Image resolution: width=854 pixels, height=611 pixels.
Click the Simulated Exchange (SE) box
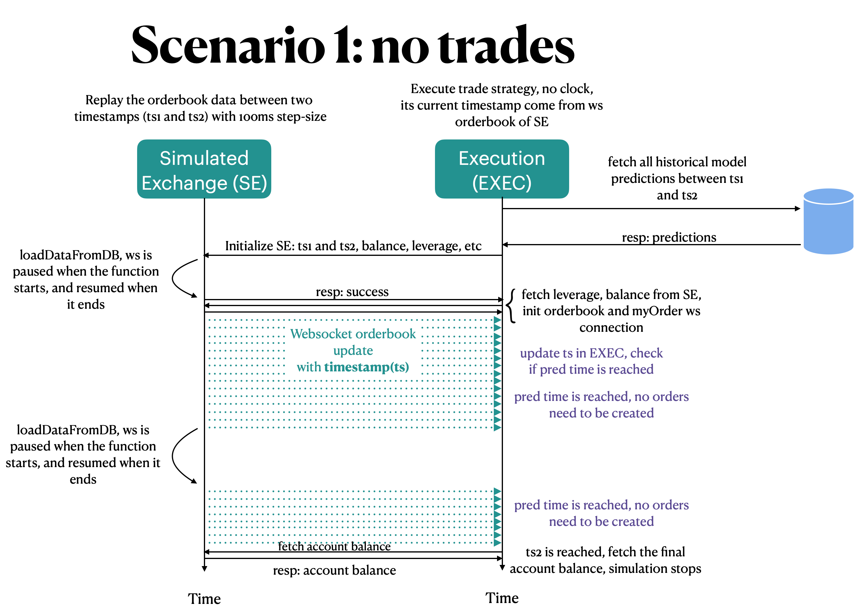click(204, 169)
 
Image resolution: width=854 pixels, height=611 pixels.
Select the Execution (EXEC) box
click(501, 169)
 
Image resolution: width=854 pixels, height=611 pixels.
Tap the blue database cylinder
click(828, 226)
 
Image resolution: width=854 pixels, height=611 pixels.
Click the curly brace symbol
click(511, 305)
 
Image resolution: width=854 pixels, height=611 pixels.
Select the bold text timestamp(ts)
click(366, 367)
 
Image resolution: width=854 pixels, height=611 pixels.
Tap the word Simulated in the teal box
click(204, 158)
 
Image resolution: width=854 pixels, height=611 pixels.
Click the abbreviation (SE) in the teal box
click(250, 183)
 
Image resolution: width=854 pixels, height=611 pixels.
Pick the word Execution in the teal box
click(501, 158)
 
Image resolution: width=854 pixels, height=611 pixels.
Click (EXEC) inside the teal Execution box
click(501, 183)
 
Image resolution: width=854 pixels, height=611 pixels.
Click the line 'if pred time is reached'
click(591, 369)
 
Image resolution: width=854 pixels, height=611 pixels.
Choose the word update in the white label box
click(353, 350)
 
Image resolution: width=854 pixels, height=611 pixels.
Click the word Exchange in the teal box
click(184, 183)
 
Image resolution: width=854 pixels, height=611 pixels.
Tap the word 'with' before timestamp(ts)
click(309, 367)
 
